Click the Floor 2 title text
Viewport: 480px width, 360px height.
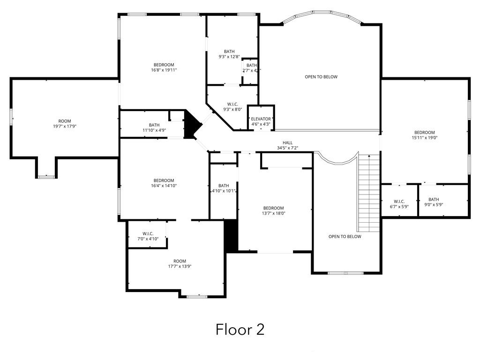click(240, 329)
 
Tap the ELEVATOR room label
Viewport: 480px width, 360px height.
click(261, 121)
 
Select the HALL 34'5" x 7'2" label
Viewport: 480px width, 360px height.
click(287, 145)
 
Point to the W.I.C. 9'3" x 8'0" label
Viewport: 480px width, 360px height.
click(232, 107)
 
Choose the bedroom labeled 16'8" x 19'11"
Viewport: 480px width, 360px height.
click(164, 67)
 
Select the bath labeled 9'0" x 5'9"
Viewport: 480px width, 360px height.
click(434, 202)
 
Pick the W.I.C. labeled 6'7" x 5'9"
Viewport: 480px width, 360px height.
click(399, 204)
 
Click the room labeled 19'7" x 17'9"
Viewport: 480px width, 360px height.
click(65, 124)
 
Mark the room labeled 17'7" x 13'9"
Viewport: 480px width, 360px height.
click(180, 263)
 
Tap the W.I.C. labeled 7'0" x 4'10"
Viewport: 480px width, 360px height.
click(148, 236)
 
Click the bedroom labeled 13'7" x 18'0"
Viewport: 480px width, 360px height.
click(273, 210)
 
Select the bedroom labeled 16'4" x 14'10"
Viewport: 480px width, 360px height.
click(164, 183)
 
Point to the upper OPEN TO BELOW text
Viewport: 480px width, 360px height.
click(321, 77)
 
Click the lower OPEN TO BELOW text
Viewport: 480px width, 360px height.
click(345, 237)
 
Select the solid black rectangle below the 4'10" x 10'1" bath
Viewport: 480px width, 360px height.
click(231, 235)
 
